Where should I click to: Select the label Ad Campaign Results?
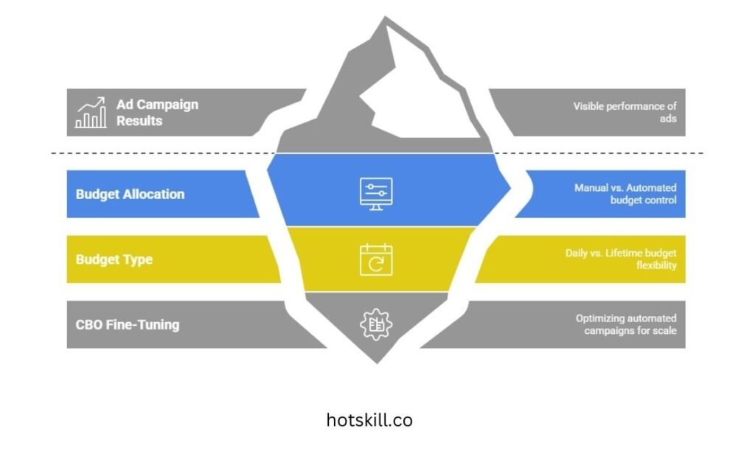(157, 112)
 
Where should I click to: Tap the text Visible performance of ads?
(624, 112)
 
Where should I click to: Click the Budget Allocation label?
(130, 195)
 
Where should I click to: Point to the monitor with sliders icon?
(376, 193)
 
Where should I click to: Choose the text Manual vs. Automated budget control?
(625, 194)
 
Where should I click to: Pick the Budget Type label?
(114, 259)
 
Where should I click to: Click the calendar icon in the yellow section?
(376, 259)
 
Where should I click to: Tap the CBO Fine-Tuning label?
(127, 324)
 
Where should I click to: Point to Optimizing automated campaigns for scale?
(626, 324)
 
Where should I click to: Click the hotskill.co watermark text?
(369, 420)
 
